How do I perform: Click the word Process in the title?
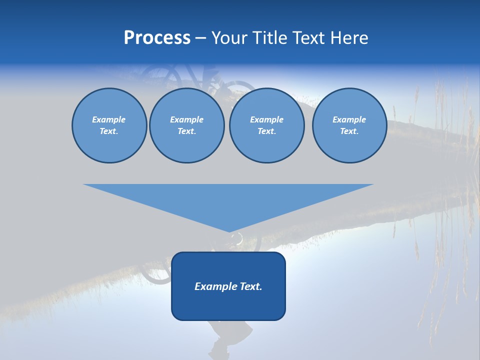(157, 38)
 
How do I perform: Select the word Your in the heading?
(229, 38)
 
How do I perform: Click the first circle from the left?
(109, 125)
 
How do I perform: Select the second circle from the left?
(187, 125)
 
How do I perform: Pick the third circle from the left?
(266, 125)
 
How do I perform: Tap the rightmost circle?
(349, 125)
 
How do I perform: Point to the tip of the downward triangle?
(229, 231)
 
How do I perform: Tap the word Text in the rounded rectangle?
(250, 286)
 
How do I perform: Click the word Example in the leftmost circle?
(109, 119)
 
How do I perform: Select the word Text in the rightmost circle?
(349, 131)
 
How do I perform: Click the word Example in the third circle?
(266, 119)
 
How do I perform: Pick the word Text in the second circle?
(186, 131)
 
